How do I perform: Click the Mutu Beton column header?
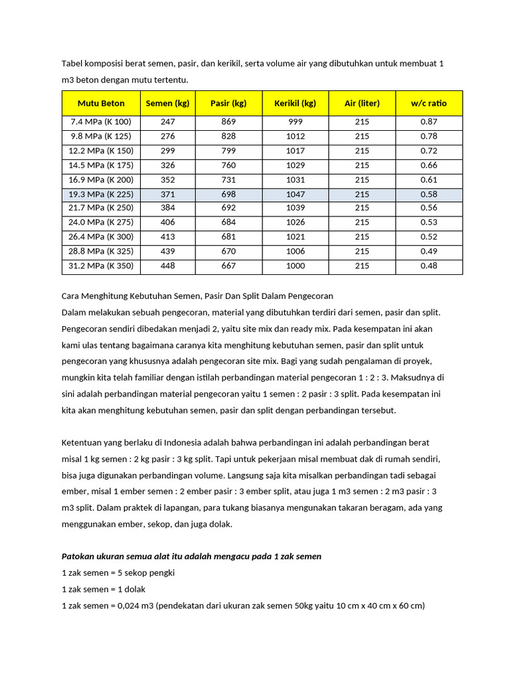pyautogui.click(x=101, y=103)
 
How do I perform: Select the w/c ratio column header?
pyautogui.click(x=428, y=103)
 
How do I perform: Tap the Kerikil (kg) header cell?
pyautogui.click(x=295, y=103)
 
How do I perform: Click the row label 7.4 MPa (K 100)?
pyautogui.click(x=101, y=122)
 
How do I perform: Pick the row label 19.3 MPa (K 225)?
pyautogui.click(x=101, y=194)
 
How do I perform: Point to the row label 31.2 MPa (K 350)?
pyautogui.click(x=101, y=266)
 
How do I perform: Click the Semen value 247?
pyautogui.click(x=168, y=122)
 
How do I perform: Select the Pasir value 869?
pyautogui.click(x=228, y=122)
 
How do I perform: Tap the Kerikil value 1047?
pyautogui.click(x=295, y=194)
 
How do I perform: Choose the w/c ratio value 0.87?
pyautogui.click(x=428, y=122)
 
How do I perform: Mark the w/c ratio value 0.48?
pyautogui.click(x=428, y=266)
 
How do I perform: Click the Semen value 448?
pyautogui.click(x=168, y=266)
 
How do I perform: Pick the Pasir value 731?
pyautogui.click(x=228, y=179)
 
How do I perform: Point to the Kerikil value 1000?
pyautogui.click(x=295, y=266)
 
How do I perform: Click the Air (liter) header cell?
pyautogui.click(x=362, y=103)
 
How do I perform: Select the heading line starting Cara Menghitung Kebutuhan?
pyautogui.click(x=197, y=296)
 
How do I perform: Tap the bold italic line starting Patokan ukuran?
pyautogui.click(x=191, y=556)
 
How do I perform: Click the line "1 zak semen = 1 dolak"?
pyautogui.click(x=103, y=589)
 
